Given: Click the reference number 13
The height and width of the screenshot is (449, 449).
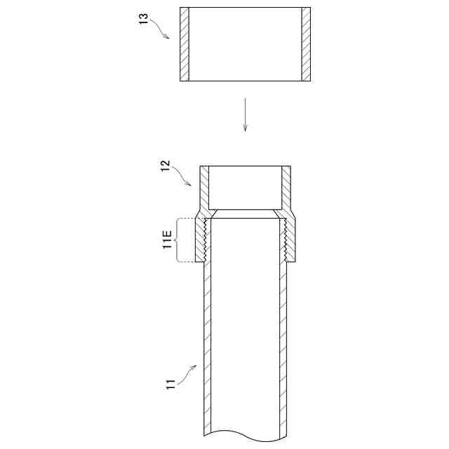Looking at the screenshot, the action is pyautogui.click(x=144, y=19).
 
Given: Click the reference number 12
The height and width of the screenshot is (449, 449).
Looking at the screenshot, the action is pyautogui.click(x=166, y=166).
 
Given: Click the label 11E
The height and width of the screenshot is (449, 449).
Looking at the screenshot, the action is pyautogui.click(x=167, y=239).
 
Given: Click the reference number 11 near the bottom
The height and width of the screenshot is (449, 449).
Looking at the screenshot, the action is pyautogui.click(x=170, y=384).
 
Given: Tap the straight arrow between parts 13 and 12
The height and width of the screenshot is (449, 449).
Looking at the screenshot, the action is pyautogui.click(x=245, y=115).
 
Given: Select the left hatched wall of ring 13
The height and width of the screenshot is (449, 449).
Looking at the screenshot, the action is pyautogui.click(x=185, y=44).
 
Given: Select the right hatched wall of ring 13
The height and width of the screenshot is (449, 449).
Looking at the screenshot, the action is pyautogui.click(x=306, y=44).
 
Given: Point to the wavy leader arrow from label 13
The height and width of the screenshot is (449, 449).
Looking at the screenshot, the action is pyautogui.click(x=159, y=28).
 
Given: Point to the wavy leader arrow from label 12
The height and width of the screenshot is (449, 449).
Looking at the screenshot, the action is pyautogui.click(x=181, y=175).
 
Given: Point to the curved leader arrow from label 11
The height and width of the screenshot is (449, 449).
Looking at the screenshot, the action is pyautogui.click(x=187, y=373).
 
